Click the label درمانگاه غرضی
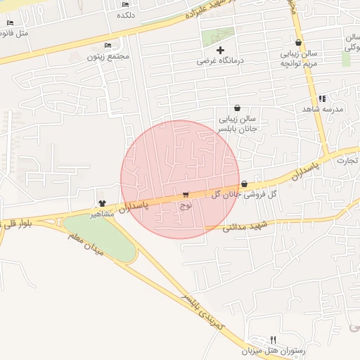220,61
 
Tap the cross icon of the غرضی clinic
221,50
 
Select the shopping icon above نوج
186,195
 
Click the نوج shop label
186,206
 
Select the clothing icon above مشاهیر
103,202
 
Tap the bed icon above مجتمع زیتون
107,45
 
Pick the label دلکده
125,15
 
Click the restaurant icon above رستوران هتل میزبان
274,339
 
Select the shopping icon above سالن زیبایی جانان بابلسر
237,108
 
